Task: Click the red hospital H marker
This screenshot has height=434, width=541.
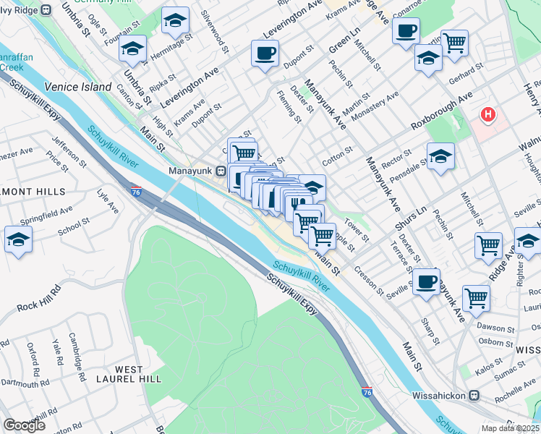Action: click(489, 114)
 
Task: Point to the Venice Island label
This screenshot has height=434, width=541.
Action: click(77, 87)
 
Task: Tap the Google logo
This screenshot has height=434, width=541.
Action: click(24, 425)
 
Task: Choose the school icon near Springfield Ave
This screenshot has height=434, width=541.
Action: click(18, 239)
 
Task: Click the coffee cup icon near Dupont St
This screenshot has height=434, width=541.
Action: click(265, 53)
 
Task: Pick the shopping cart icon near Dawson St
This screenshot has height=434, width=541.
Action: click(476, 297)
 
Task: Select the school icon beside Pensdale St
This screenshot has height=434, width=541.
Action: click(440, 156)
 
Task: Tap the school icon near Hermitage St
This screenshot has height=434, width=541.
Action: click(132, 49)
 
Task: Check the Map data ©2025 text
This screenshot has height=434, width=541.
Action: click(511, 428)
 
